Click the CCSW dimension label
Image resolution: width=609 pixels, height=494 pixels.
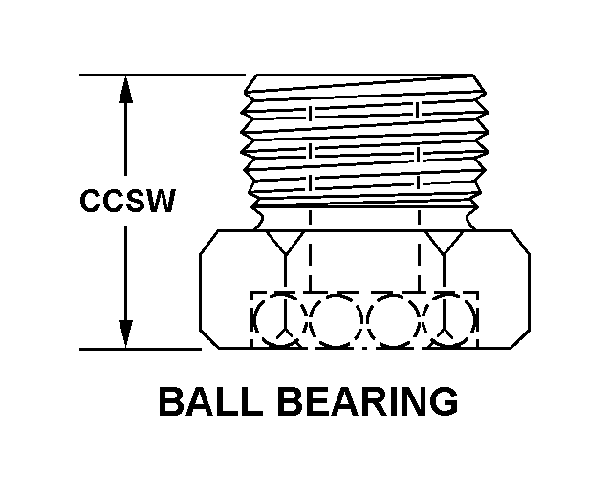pyautogui.click(x=127, y=203)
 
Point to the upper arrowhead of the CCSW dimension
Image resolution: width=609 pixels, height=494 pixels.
pyautogui.click(x=124, y=88)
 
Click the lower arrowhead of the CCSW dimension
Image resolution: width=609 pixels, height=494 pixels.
pyautogui.click(x=124, y=333)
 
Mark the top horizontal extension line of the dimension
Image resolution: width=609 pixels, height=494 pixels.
pyautogui.click(x=163, y=75)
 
